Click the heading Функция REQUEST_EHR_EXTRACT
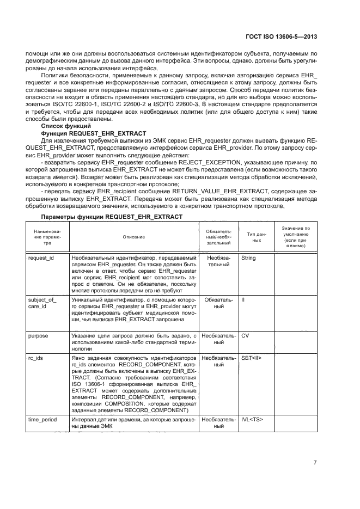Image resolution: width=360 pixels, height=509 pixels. [x=96, y=133]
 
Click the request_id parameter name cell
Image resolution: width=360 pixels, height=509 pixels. [x=41, y=258]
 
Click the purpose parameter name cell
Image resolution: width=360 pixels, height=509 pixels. [x=38, y=336]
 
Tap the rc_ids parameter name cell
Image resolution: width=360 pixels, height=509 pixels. [x=36, y=358]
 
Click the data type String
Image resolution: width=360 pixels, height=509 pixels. [x=248, y=258]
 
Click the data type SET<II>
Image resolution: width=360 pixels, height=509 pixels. [x=251, y=358]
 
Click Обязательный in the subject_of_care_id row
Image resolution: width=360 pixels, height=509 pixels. [x=218, y=303]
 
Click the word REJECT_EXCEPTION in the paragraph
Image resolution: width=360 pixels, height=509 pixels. [x=217, y=162]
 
